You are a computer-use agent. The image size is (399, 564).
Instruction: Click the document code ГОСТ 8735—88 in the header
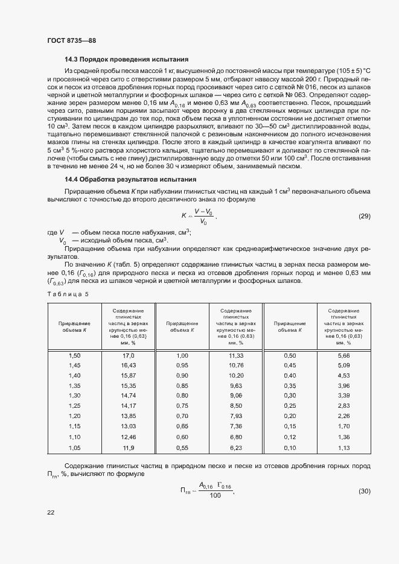(x=71, y=40)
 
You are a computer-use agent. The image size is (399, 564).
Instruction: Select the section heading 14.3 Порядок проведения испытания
(x=127, y=59)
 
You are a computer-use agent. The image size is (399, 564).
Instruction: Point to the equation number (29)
(x=365, y=216)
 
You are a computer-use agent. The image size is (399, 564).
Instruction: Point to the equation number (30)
(x=365, y=491)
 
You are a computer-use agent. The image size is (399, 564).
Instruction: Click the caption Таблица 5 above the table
(x=68, y=294)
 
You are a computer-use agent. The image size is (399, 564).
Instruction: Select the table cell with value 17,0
(x=128, y=356)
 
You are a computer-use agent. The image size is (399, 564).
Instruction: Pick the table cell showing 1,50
(x=74, y=356)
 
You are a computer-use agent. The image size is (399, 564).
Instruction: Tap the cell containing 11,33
(x=236, y=356)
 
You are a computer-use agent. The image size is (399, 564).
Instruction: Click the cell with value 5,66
(x=344, y=356)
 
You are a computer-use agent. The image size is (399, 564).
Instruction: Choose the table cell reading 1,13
(x=344, y=448)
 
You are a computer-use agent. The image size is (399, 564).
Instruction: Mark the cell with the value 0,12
(x=290, y=437)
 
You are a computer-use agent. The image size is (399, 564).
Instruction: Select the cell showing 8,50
(x=236, y=405)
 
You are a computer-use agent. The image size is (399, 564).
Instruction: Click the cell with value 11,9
(x=128, y=448)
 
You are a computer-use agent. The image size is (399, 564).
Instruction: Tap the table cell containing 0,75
(x=182, y=405)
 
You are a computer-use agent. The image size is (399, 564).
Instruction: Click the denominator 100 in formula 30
(x=215, y=496)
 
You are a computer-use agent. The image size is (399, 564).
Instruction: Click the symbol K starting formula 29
(x=184, y=215)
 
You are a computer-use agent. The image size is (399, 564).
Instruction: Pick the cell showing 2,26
(x=344, y=416)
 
